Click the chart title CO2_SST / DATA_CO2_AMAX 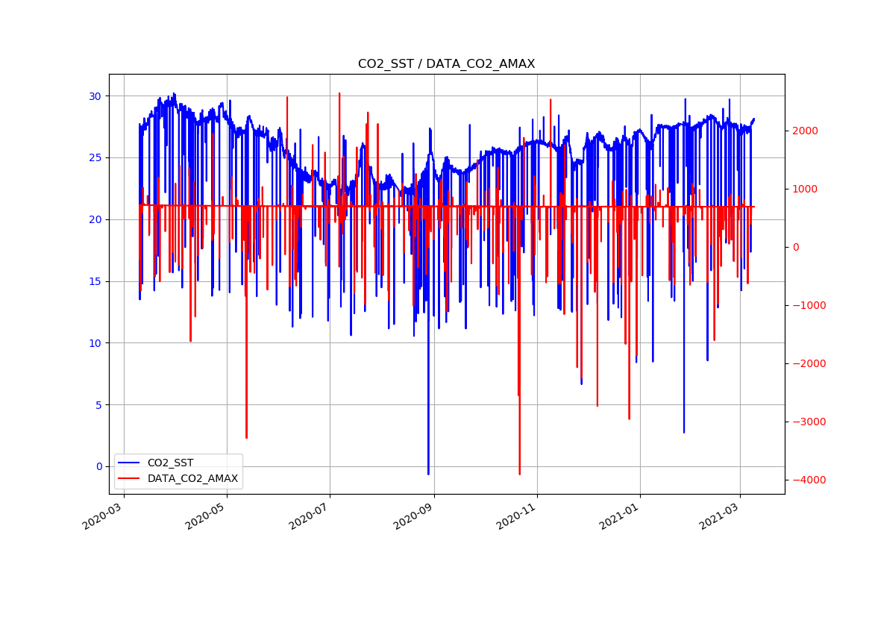446,64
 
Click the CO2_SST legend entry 170,463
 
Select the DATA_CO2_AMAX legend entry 192,478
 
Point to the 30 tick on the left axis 95,96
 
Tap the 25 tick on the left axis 95,158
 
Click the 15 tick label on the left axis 95,281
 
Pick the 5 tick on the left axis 98,405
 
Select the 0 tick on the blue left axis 98,466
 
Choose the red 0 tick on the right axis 797,247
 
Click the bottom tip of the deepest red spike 519,474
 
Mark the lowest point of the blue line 428,474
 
